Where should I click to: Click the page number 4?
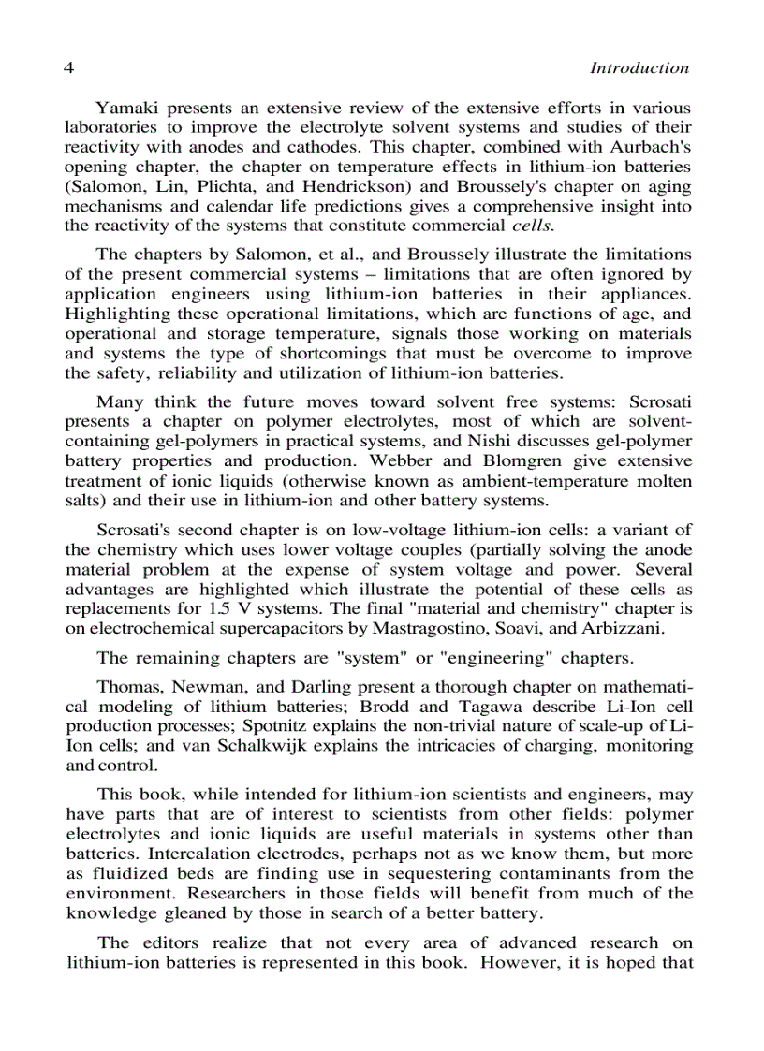click(69, 68)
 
